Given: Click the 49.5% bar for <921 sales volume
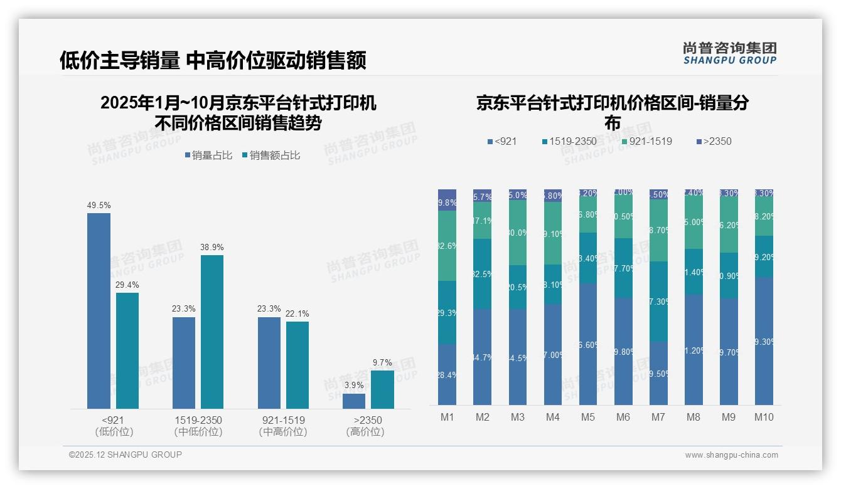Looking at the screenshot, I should click(99, 311).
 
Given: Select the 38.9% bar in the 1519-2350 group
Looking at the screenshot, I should click(212, 332).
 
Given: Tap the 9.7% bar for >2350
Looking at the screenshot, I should click(382, 389).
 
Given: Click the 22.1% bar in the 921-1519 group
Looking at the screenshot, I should click(297, 365).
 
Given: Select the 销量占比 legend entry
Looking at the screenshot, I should click(208, 155).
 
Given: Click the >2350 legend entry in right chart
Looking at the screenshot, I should click(714, 142).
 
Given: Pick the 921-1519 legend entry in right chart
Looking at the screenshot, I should click(646, 142).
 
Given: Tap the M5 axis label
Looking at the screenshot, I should click(587, 417).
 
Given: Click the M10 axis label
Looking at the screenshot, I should click(763, 417).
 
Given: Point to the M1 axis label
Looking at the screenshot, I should click(447, 417).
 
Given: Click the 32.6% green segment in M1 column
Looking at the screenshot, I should click(447, 246).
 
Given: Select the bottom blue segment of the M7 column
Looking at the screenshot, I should click(658, 373).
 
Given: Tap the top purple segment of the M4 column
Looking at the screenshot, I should click(552, 195).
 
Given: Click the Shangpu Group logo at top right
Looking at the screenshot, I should click(729, 53).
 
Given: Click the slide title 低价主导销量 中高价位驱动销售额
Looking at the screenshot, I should click(213, 61).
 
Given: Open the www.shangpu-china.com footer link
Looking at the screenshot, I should click(731, 455).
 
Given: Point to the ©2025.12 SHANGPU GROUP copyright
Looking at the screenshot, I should click(126, 455).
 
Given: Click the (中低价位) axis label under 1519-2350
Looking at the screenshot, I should click(198, 432).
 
